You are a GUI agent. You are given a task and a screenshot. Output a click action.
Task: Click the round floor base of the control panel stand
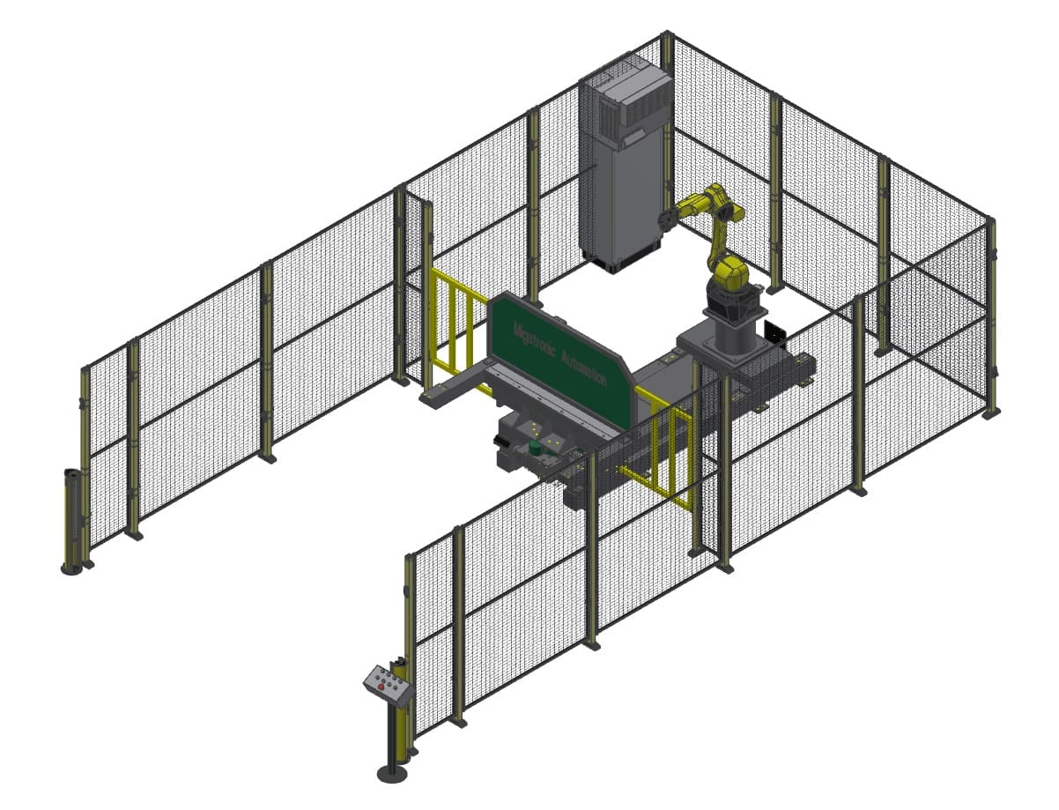(x=392, y=773)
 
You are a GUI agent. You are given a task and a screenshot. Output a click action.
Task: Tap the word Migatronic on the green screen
(x=529, y=340)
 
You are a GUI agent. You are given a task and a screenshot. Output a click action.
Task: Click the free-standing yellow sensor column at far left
(x=71, y=520)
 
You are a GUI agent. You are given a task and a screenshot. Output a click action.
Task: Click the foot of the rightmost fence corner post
(x=991, y=412)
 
